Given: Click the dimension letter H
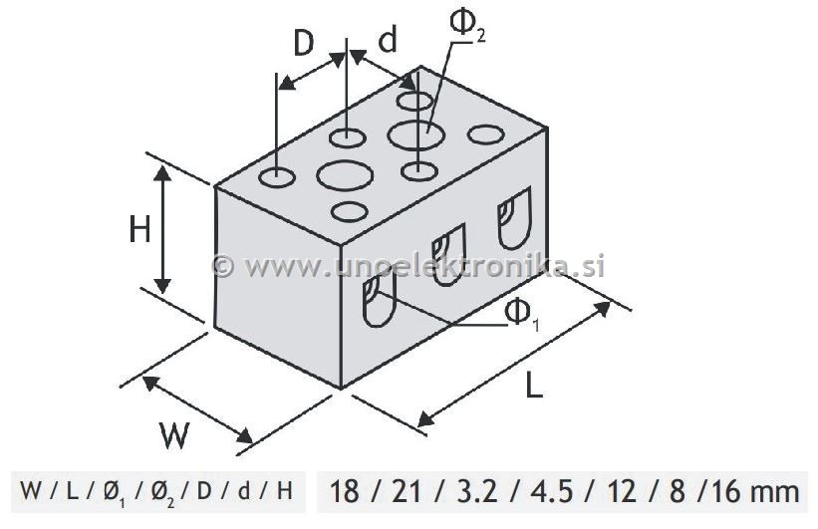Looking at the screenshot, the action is click(139, 230).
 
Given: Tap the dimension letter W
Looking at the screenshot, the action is click(174, 436).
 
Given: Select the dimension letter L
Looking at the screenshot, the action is click(533, 386).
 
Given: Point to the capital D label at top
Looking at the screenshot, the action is click(304, 43).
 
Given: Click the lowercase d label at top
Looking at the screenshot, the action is click(388, 40).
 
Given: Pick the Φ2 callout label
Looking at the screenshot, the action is click(468, 25).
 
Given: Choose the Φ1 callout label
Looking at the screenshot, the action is click(522, 315).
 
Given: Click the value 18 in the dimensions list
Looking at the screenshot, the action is click(345, 491).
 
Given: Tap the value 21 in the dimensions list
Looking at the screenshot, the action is click(407, 491).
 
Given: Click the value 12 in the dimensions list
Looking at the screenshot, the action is click(622, 491).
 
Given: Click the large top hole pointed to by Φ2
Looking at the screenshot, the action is click(416, 135).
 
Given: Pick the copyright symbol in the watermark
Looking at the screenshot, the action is click(224, 266).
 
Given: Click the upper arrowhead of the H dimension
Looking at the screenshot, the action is click(162, 173).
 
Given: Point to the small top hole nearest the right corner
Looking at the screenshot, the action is click(485, 134).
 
